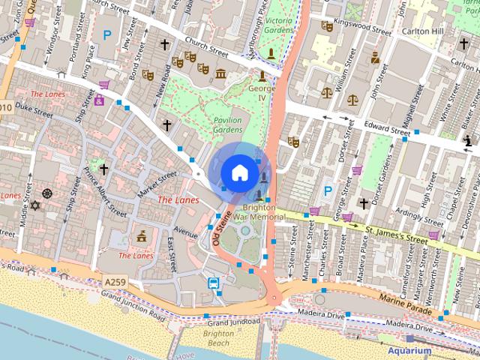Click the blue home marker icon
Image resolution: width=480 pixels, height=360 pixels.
pyautogui.click(x=239, y=172)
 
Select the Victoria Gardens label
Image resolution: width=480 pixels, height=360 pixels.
pyautogui.click(x=279, y=25)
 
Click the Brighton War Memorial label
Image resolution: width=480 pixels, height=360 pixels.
pyautogui.click(x=259, y=211)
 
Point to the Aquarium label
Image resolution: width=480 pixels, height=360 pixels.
pyautogui.click(x=409, y=350)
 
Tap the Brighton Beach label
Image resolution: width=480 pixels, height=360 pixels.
pyautogui.click(x=219, y=337)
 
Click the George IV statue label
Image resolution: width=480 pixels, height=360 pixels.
pyautogui.click(x=262, y=93)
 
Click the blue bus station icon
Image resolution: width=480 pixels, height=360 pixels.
pyautogui.click(x=214, y=283)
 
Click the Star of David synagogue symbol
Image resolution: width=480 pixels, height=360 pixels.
pyautogui.click(x=33, y=205)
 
